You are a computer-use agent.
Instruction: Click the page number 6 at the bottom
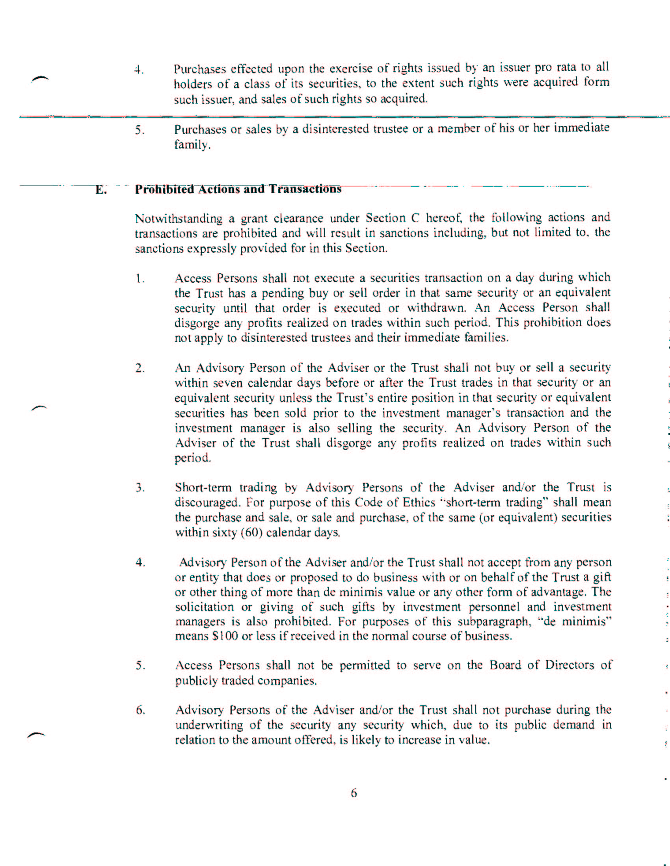354,793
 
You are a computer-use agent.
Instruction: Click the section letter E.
101,190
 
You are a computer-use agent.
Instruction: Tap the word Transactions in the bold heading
305,189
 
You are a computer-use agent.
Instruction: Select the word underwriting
209,725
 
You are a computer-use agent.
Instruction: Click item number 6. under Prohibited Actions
141,710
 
